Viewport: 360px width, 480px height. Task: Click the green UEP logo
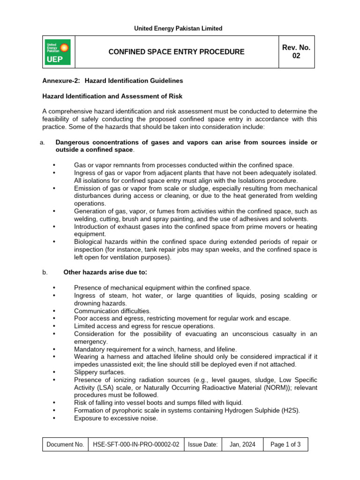tap(58, 52)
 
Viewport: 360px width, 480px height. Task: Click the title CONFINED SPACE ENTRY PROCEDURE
tap(176, 52)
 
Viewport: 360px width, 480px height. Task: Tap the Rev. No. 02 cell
tap(296, 52)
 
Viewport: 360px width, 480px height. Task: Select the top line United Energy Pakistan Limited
tap(178, 29)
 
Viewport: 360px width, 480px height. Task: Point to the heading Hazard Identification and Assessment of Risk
tap(112, 96)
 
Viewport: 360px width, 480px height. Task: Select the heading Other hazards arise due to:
tap(105, 272)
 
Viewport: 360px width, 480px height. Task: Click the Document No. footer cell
tap(66, 445)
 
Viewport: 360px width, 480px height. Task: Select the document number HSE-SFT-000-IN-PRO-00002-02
tap(136, 445)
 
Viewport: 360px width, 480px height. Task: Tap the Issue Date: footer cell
tap(202, 445)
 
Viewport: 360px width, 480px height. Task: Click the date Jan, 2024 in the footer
tap(242, 445)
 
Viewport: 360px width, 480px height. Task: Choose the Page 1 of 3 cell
tap(285, 445)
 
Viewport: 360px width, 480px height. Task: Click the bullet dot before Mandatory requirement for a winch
tap(55, 349)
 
